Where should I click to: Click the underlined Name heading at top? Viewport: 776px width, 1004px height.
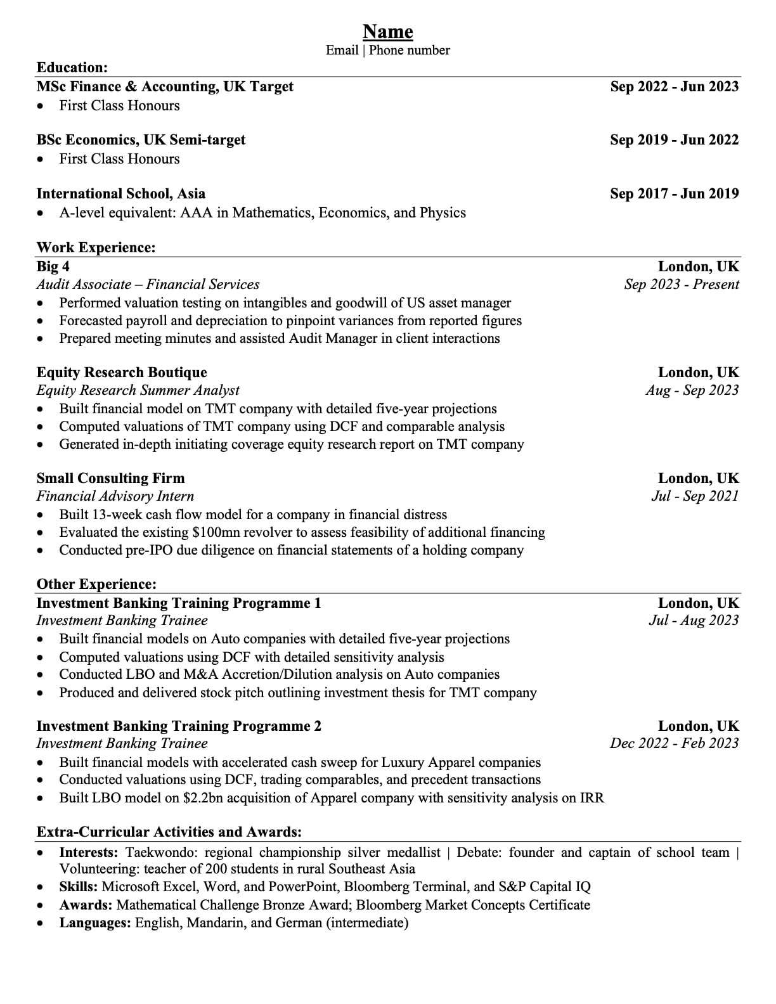[x=387, y=32]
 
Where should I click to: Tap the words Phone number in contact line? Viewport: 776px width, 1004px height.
[x=410, y=51]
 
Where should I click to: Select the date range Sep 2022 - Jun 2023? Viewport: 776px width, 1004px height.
[x=674, y=87]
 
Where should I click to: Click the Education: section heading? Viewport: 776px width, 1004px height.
[x=72, y=68]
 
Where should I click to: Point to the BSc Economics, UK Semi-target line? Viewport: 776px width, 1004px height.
[x=141, y=140]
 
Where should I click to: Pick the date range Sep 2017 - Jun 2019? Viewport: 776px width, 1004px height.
[x=674, y=194]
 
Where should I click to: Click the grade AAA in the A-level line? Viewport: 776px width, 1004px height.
[x=196, y=213]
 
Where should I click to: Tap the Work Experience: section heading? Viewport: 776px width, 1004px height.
[x=96, y=248]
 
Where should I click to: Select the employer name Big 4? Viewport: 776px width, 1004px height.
[x=53, y=267]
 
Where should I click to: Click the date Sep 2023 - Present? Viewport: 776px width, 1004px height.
[x=682, y=285]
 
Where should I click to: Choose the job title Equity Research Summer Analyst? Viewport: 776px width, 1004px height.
[x=138, y=390]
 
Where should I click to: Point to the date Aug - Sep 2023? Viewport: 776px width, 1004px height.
[x=692, y=390]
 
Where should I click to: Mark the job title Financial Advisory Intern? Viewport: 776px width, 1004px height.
[x=115, y=496]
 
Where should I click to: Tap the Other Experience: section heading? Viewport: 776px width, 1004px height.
[x=96, y=584]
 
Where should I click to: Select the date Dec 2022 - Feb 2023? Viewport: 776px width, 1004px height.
[x=675, y=743]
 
